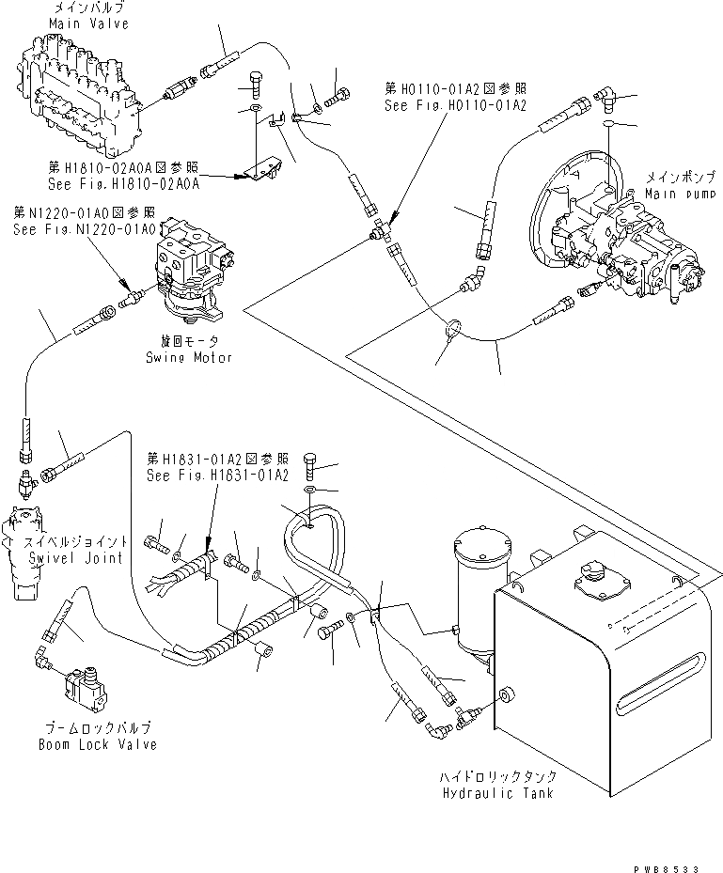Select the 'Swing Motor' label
(188, 357)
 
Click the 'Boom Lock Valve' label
(97, 744)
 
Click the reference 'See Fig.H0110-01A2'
(455, 105)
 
